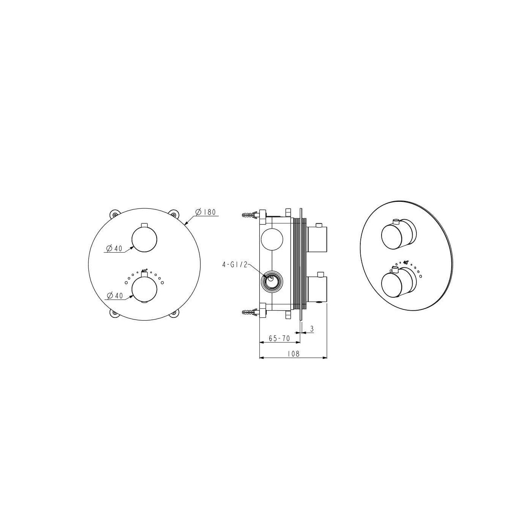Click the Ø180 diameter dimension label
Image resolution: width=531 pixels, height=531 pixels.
[205, 212]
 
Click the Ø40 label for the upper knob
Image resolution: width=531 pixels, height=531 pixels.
[114, 248]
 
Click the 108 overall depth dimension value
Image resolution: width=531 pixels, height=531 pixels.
[293, 353]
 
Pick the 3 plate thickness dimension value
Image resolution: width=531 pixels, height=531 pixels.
[312, 328]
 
